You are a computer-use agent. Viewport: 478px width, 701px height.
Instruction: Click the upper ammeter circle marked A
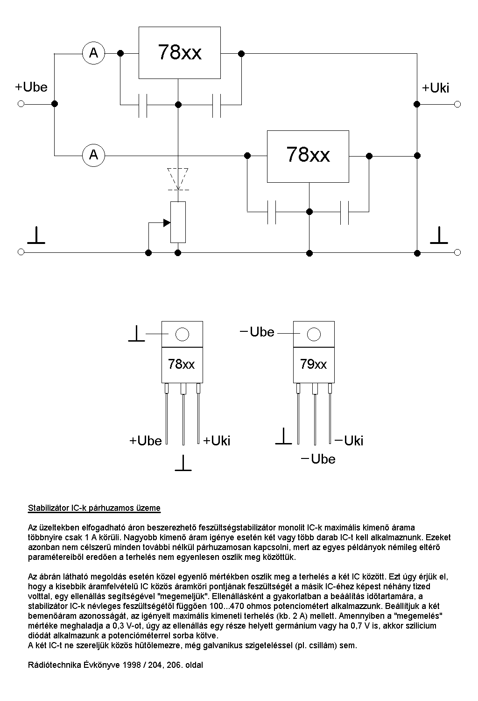(x=94, y=53)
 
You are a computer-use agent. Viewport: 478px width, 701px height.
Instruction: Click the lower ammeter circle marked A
(x=94, y=155)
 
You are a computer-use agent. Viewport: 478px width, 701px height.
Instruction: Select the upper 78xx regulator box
(x=179, y=52)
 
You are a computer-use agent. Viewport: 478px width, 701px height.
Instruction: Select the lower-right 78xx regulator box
(x=308, y=156)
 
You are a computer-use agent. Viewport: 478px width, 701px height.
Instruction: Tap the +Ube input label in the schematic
(x=31, y=87)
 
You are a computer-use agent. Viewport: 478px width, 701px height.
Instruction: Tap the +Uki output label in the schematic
(x=436, y=88)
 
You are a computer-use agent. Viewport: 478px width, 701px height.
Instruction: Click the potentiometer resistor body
(x=178, y=222)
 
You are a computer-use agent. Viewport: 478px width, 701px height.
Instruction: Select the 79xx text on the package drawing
(x=314, y=364)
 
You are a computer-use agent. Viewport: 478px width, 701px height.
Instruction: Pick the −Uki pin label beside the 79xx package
(x=349, y=441)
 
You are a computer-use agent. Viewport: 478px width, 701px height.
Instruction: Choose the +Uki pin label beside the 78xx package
(x=217, y=441)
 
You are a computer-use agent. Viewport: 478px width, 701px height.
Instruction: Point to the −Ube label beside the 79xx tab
(x=257, y=332)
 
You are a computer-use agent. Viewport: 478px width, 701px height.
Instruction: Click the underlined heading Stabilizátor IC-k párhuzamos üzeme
(x=94, y=508)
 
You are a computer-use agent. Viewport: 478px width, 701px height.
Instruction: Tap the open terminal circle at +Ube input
(x=21, y=104)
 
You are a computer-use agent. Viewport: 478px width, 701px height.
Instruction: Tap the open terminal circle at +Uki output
(x=457, y=104)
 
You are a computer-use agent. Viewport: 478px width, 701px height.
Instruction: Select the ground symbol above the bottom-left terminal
(x=36, y=236)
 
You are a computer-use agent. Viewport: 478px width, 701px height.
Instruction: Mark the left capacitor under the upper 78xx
(x=143, y=106)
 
